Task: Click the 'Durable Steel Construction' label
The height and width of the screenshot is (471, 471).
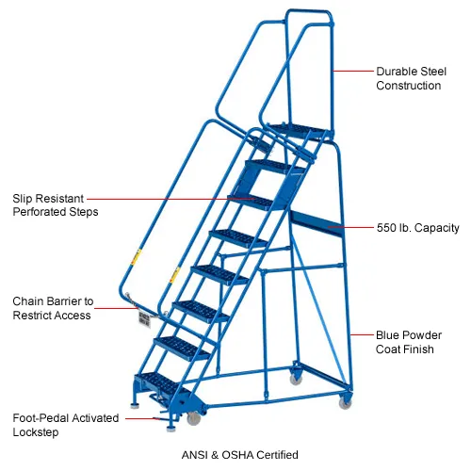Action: [411, 78]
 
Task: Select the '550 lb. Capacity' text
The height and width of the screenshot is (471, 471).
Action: [417, 228]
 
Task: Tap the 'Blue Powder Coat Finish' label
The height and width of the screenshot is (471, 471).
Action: [409, 342]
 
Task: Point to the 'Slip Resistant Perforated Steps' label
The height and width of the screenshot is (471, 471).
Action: [56, 205]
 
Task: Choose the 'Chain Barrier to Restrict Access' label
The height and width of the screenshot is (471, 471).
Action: [53, 308]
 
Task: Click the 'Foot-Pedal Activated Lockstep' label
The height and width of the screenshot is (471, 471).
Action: [66, 425]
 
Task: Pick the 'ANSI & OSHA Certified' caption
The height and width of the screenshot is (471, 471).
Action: [240, 455]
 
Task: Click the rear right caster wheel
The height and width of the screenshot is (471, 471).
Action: [346, 403]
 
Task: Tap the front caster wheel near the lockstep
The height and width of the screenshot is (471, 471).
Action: [193, 418]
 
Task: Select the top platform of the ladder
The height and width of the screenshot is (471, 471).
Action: [299, 131]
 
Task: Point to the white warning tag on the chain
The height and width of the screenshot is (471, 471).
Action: [144, 319]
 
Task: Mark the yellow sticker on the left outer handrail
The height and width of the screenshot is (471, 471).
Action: [137, 256]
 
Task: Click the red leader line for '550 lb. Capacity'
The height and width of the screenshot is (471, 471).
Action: [350, 227]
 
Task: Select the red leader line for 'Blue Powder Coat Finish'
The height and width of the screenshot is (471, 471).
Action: [362, 334]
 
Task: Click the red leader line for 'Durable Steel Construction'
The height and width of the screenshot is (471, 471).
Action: [353, 71]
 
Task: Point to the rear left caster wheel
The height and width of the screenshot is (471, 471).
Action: [296, 379]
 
